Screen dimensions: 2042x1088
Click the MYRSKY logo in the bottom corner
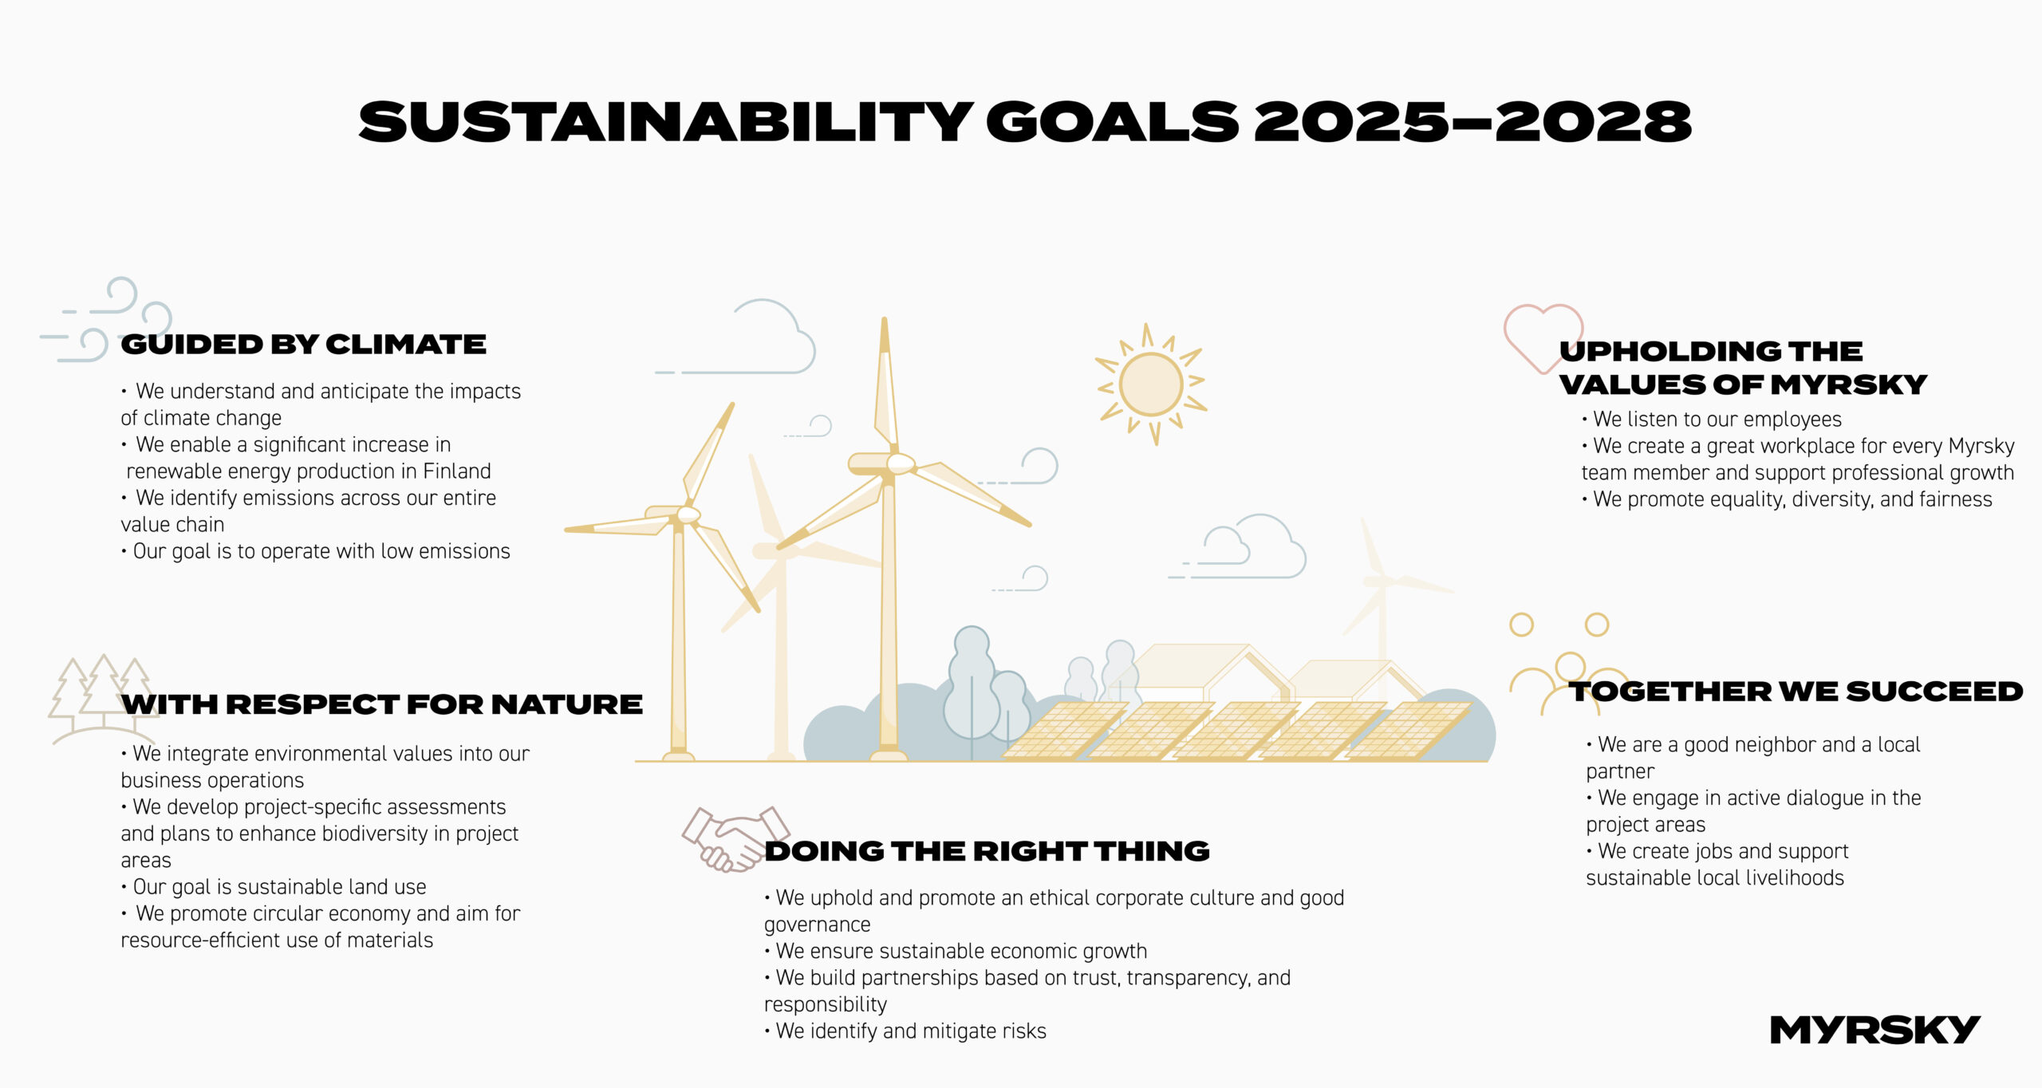click(x=1874, y=1030)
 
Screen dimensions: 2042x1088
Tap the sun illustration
click(x=1151, y=384)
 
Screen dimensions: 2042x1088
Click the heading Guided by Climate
click(x=303, y=345)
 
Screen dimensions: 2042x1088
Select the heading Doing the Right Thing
click(x=987, y=851)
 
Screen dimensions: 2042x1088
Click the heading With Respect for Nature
click(x=382, y=704)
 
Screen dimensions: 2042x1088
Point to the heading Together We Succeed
click(x=1796, y=692)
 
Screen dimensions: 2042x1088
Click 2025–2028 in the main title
click(x=1472, y=123)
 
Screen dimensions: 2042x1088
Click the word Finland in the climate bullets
click(x=456, y=471)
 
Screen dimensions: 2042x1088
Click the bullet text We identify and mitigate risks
click(x=910, y=1031)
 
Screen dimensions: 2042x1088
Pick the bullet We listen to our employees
click(x=1717, y=420)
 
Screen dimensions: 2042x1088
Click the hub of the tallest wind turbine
click(x=900, y=463)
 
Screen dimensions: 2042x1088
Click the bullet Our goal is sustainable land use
click(x=279, y=887)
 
